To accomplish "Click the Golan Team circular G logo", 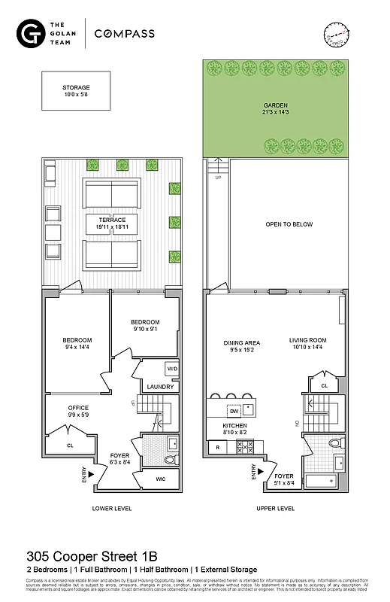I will (x=30, y=34).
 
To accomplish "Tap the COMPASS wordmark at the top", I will (x=125, y=34).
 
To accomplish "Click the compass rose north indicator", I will (x=337, y=35).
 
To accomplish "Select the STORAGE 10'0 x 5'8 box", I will (x=76, y=91).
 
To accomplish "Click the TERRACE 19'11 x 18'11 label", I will (x=110, y=223).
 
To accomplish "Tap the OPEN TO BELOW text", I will (x=289, y=224).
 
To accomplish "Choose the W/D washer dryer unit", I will (x=171, y=369).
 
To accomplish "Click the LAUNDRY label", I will (x=160, y=387).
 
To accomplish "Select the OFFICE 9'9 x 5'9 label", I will (x=68, y=412).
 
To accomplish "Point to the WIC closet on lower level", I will (x=161, y=479).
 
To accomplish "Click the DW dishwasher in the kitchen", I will (x=234, y=411).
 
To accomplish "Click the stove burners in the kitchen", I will (x=246, y=446).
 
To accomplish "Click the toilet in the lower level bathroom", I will (x=168, y=458).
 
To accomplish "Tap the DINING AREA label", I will (x=241, y=346).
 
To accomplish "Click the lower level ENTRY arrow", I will (x=90, y=473).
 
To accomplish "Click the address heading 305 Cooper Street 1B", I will (x=92, y=557).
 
